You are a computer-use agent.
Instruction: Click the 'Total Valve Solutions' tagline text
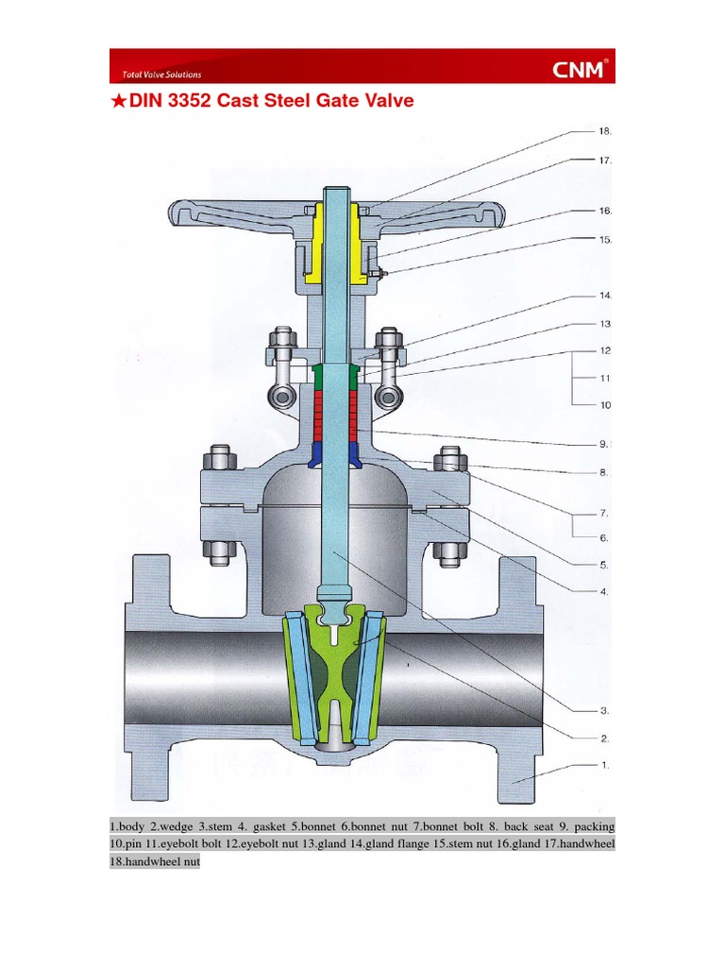[x=161, y=75]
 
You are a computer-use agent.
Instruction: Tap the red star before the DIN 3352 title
[x=118, y=100]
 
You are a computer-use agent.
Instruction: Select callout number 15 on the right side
[x=605, y=239]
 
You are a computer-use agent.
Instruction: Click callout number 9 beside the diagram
[x=604, y=444]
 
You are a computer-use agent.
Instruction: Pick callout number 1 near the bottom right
[x=604, y=766]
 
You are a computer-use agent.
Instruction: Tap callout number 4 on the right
[x=604, y=592]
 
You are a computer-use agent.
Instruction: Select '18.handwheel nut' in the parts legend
[x=155, y=862]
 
